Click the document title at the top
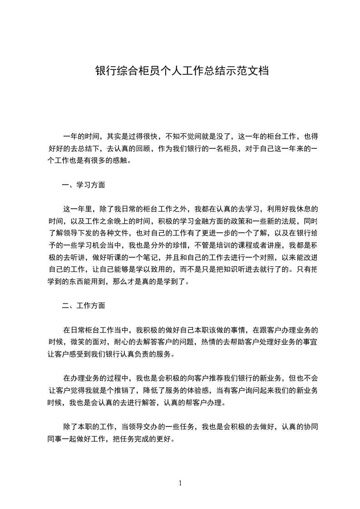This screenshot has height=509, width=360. pos(182,71)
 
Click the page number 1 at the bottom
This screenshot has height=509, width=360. pos(180,483)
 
